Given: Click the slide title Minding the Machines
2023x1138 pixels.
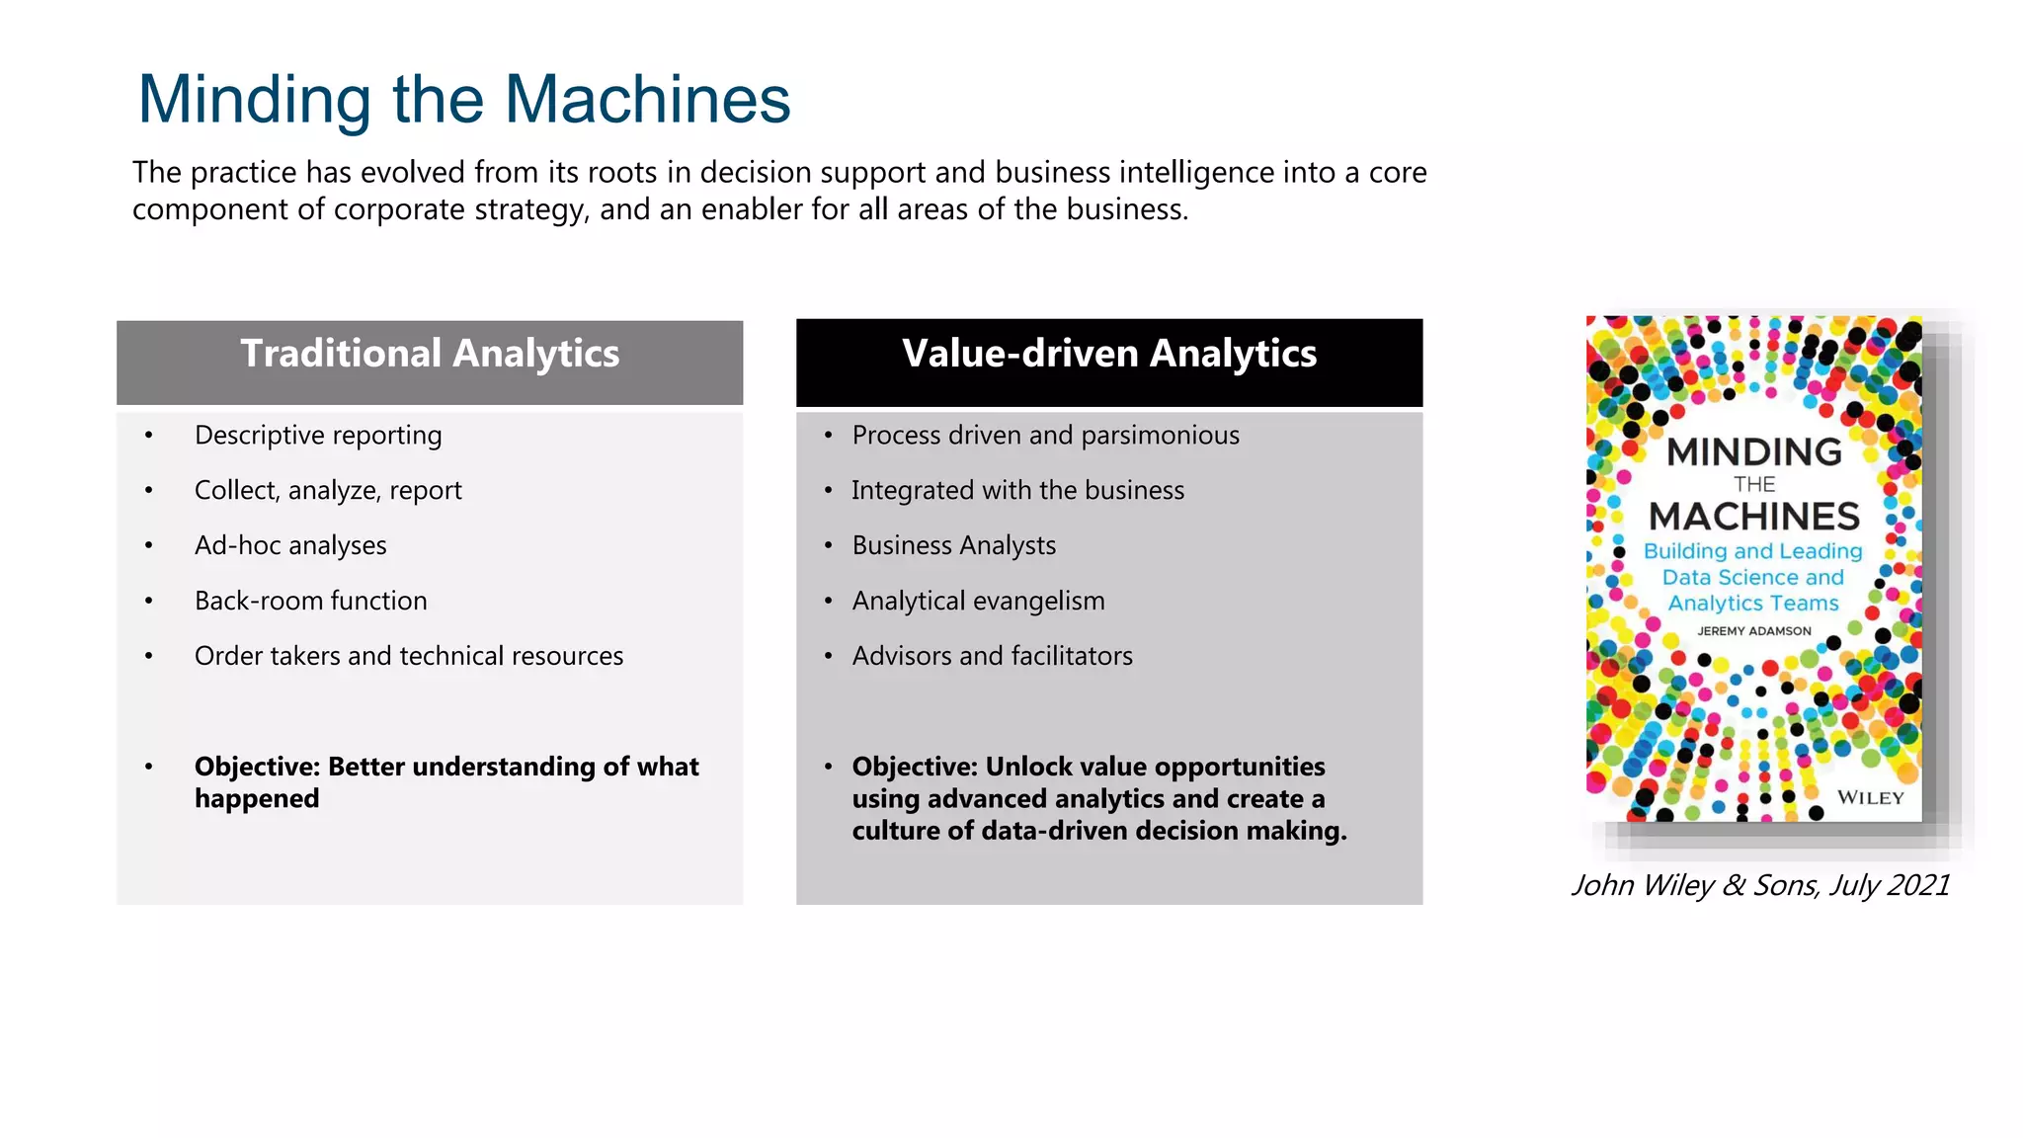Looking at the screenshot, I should click(x=464, y=100).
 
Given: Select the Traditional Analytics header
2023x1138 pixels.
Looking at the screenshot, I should click(x=430, y=355).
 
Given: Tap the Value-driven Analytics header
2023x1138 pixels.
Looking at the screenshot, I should click(x=1108, y=355).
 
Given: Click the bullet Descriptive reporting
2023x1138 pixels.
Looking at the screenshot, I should click(x=318, y=436).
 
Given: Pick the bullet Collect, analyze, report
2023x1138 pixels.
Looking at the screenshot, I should click(x=328, y=491).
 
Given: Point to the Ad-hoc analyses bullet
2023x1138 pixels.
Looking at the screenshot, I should click(x=290, y=546).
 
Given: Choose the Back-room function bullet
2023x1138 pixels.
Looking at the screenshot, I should click(x=310, y=602).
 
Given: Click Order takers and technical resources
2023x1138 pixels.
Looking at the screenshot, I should click(x=409, y=657).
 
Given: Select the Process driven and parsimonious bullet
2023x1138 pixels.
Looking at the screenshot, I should click(x=1045, y=436).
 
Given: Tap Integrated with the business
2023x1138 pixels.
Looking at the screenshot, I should click(x=1017, y=491).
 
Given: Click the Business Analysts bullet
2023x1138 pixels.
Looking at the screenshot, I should click(x=953, y=546).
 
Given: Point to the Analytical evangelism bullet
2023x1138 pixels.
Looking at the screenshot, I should click(x=978, y=602).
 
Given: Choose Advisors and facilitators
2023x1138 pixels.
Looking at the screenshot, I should click(x=992, y=657).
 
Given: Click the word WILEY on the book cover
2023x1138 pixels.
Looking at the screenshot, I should click(x=1870, y=798).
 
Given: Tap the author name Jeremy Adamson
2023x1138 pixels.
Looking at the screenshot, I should click(x=1754, y=631).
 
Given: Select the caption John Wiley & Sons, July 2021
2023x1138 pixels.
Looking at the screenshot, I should click(x=1760, y=885).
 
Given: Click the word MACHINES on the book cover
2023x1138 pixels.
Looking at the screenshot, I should click(x=1754, y=517).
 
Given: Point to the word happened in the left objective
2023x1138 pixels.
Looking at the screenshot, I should click(x=257, y=799).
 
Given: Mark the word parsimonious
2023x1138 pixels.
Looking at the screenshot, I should click(x=1160, y=436).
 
